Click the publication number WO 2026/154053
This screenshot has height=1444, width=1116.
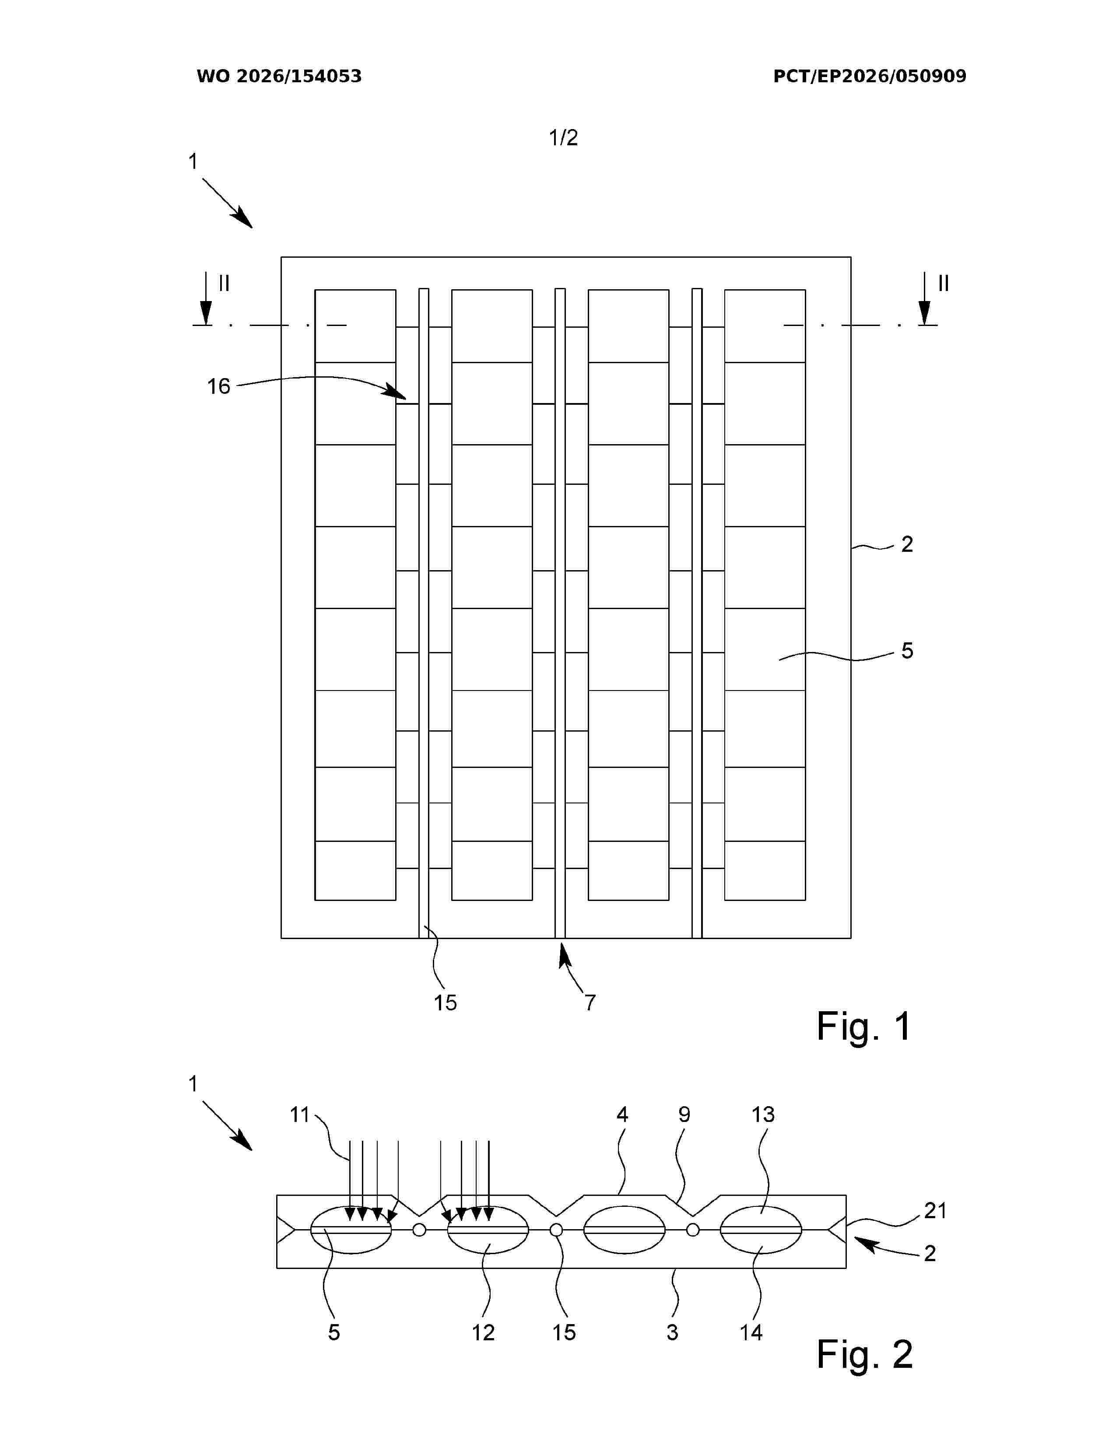[279, 77]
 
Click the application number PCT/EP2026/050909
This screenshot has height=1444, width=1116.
[870, 77]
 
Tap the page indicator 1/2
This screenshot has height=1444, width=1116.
[563, 137]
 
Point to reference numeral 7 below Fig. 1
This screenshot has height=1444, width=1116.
[590, 1002]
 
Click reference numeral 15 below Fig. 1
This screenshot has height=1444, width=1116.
[445, 1002]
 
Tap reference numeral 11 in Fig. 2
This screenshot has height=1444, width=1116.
[300, 1115]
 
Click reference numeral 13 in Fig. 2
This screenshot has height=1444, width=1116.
[762, 1115]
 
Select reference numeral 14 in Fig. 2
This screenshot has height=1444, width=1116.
[751, 1332]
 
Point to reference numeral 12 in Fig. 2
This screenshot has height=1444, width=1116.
[483, 1332]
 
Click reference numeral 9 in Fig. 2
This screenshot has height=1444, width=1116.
[684, 1115]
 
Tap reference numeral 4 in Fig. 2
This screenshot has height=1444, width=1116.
[622, 1115]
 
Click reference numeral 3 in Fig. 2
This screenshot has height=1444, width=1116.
[672, 1332]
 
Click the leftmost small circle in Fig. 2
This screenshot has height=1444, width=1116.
[419, 1230]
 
